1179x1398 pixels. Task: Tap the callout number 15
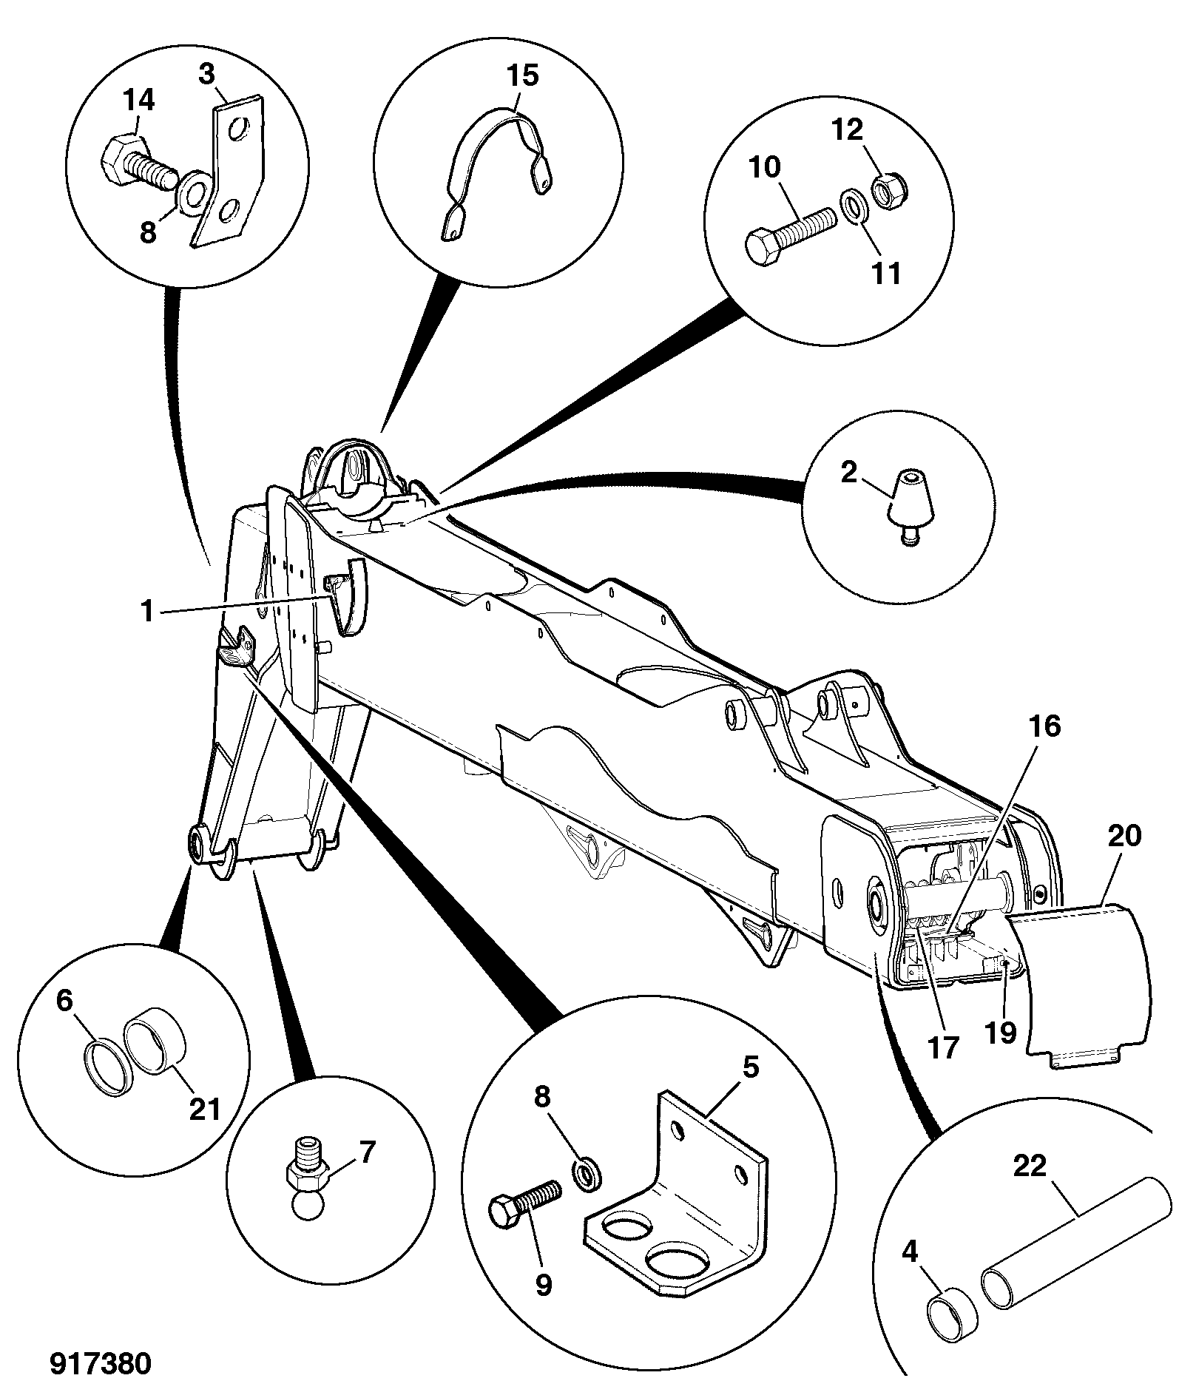523,75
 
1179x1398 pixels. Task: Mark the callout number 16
1045,726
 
